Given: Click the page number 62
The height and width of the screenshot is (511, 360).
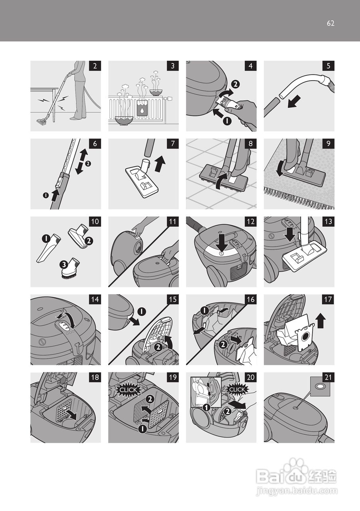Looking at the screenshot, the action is click(330, 23).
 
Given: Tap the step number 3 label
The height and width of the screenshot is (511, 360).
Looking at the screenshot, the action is click(173, 66).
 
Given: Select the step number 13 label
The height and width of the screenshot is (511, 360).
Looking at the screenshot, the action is click(328, 222).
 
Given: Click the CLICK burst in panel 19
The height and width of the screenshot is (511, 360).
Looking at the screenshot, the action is click(129, 390).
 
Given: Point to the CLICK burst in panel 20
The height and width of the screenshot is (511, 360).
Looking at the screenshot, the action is click(237, 389).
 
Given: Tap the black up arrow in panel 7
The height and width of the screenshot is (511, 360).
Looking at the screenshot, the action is click(160, 164).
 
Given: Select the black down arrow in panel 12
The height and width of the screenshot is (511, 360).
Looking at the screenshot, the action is click(221, 244).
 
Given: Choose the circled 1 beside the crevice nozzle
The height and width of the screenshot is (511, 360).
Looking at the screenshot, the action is click(46, 238).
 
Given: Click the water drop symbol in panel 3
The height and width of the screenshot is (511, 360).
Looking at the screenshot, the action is click(142, 111).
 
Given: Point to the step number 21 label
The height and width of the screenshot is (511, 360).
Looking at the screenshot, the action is click(328, 378).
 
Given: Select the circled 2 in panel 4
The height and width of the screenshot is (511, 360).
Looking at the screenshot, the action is click(235, 84).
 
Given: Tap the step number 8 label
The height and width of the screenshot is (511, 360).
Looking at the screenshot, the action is click(251, 144).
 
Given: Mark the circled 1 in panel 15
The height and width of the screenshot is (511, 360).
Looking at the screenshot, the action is click(142, 311).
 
